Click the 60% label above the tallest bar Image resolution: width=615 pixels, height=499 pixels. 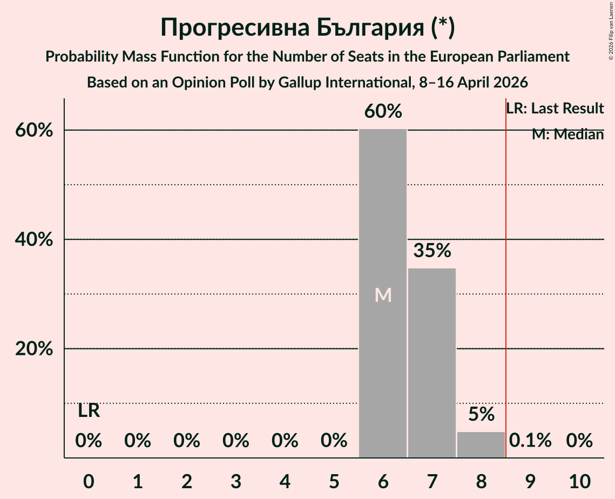383,112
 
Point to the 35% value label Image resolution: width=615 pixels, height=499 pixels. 432,251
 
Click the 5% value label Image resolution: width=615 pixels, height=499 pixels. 481,414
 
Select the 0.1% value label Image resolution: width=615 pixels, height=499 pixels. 530,441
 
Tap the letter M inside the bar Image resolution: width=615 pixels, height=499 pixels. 383,295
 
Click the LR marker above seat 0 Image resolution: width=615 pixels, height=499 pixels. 89,411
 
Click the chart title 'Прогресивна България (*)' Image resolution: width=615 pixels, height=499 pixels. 307,28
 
